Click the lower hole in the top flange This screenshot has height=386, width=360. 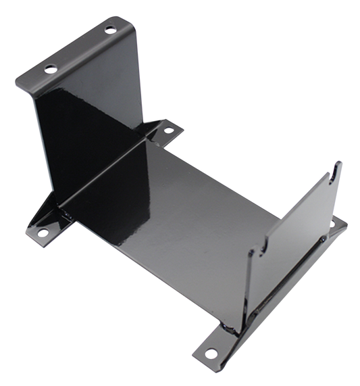tap(49, 68)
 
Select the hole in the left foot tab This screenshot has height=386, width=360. tap(43, 231)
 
